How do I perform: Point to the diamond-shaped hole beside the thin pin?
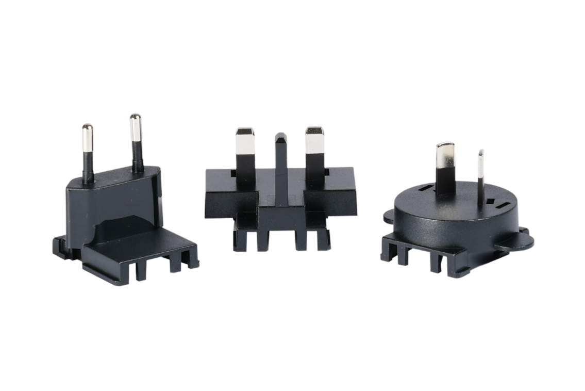point(492,202)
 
